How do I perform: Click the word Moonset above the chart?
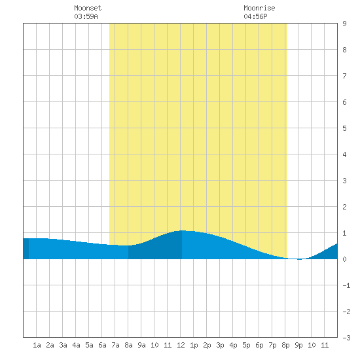coord(88,8)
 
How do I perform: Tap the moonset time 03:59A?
coord(86,16)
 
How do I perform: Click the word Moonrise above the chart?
coord(259,8)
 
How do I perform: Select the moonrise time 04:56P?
coord(255,16)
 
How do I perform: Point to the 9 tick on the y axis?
coord(344,24)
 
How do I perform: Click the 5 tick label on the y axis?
coord(344,128)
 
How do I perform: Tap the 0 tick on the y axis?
coord(344,259)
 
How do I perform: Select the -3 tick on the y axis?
coord(346,338)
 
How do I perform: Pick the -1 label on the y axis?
coord(346,285)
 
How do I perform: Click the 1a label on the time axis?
coord(37,345)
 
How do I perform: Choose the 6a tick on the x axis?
coord(102,345)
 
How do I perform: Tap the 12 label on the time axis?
coord(181,345)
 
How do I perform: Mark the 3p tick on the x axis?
coord(220,345)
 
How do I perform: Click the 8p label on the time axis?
coord(285,345)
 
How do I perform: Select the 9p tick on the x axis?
coord(298,345)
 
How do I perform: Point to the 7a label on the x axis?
coord(115,345)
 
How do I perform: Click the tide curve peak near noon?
coord(183,230)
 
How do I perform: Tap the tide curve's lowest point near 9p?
coord(298,259)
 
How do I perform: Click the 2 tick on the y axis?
coord(344,207)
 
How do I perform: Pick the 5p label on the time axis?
coord(246,345)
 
